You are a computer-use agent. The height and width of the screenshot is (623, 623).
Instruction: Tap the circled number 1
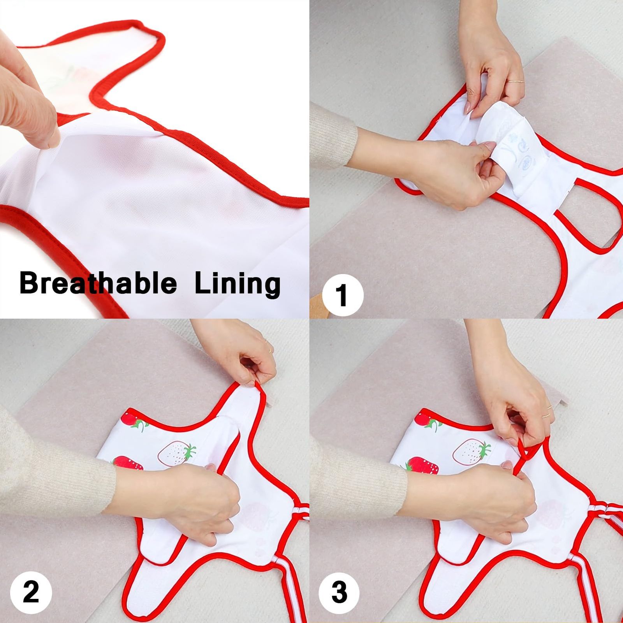click(x=342, y=296)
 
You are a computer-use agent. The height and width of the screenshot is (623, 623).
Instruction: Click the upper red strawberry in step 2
click(x=133, y=421)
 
